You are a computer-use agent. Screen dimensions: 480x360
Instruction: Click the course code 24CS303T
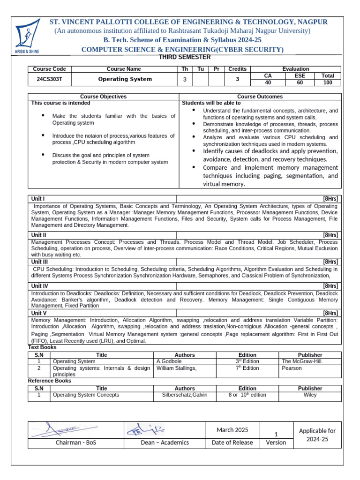pyautogui.click(x=49, y=79)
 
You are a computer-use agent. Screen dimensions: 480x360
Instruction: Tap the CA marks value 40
pyautogui.click(x=268, y=82)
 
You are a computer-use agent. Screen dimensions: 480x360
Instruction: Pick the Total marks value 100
pyautogui.click(x=328, y=82)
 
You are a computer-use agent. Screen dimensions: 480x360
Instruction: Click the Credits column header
pyautogui.click(x=237, y=69)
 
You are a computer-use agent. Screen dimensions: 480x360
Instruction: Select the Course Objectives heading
pyautogui.click(x=103, y=97)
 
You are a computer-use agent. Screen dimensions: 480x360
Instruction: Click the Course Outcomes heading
pyautogui.click(x=260, y=97)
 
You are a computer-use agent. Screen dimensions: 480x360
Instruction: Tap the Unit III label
pyautogui.click(x=39, y=262)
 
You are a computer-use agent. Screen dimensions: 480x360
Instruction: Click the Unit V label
pyautogui.click(x=38, y=313)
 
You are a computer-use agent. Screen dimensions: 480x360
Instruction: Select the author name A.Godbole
pyautogui.click(x=169, y=361)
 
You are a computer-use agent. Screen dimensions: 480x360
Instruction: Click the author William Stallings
pyautogui.click(x=177, y=368)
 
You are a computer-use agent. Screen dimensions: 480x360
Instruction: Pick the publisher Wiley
pyautogui.click(x=310, y=395)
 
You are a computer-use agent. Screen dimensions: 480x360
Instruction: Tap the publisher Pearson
pyautogui.click(x=292, y=368)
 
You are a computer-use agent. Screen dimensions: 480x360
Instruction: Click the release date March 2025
pyautogui.click(x=232, y=430)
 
